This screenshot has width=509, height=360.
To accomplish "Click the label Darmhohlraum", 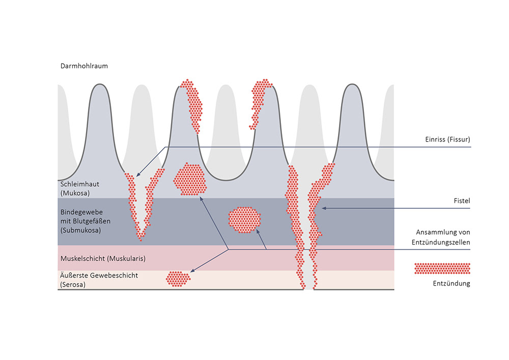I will pyautogui.click(x=84, y=66).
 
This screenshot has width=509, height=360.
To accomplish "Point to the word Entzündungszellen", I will pyautogui.click(x=440, y=242).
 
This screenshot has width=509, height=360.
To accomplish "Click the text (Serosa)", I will pyautogui.click(x=73, y=285).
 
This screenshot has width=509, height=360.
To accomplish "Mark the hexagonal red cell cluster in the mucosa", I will pyautogui.click(x=190, y=179).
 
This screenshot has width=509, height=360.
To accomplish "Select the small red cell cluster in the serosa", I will pyautogui.click(x=178, y=277).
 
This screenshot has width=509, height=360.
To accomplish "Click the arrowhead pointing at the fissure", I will pyautogui.click(x=138, y=175).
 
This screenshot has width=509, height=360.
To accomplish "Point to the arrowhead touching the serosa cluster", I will pyautogui.click(x=192, y=273).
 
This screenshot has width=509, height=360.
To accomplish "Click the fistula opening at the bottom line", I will pyautogui.click(x=308, y=289).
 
